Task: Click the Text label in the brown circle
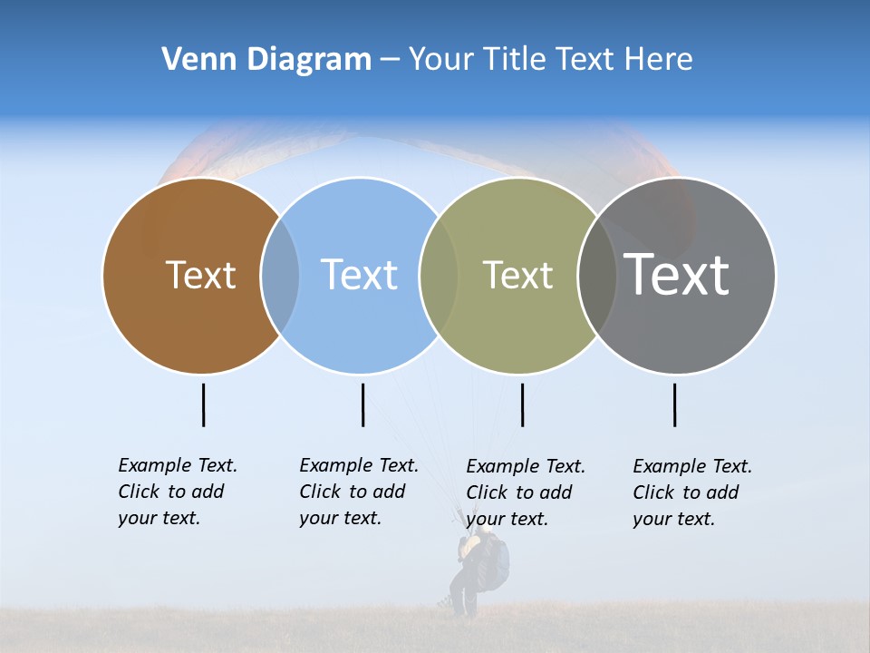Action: pyautogui.click(x=200, y=275)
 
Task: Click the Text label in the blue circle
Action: pyautogui.click(x=359, y=275)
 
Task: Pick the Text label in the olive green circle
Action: pyautogui.click(x=517, y=275)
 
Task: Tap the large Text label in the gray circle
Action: pyautogui.click(x=677, y=275)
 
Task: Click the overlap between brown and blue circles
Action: pyautogui.click(x=280, y=276)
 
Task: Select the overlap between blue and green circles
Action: pyautogui.click(x=439, y=276)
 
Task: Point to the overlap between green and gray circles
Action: pyautogui.click(x=597, y=276)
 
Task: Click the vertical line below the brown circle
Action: pyautogui.click(x=203, y=404)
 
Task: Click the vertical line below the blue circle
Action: pyautogui.click(x=362, y=404)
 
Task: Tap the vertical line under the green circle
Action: pyautogui.click(x=522, y=404)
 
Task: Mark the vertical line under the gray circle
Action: pyautogui.click(x=674, y=404)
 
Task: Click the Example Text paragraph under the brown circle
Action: pyautogui.click(x=177, y=492)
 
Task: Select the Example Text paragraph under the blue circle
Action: pyautogui.click(x=358, y=492)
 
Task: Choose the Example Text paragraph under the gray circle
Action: pyautogui.click(x=691, y=492)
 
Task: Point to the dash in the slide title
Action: pyautogui.click(x=390, y=61)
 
